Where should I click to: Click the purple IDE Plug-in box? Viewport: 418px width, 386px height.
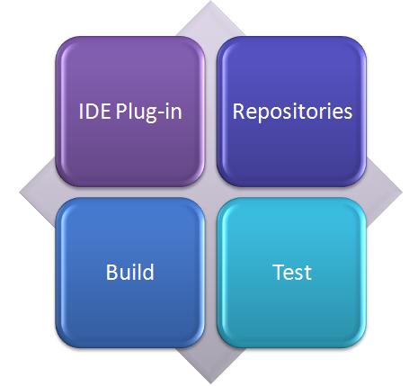[130, 112]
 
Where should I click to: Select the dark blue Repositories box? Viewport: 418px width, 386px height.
[291, 112]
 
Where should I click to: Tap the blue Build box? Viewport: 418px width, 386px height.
[130, 273]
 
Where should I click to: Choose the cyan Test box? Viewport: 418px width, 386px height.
[291, 273]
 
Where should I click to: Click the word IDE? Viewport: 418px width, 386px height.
[94, 112]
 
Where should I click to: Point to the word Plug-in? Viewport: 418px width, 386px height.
[149, 112]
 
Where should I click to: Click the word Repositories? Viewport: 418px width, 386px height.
[292, 112]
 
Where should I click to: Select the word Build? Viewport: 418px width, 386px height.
[130, 272]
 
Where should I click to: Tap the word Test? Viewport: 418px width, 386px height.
[292, 273]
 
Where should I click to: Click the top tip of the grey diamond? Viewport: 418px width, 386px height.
[211, 1]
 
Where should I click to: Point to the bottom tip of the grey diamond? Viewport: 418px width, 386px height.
[211, 383]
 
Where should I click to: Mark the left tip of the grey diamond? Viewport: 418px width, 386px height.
[20, 193]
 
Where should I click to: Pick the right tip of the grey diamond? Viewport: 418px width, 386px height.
[402, 193]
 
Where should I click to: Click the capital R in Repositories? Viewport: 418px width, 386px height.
[239, 112]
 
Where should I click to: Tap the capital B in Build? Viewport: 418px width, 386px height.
[111, 272]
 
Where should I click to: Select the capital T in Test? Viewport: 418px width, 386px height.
[280, 272]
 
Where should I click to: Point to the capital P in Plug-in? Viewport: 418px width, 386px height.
[121, 112]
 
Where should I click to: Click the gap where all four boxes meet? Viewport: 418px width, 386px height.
[211, 193]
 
